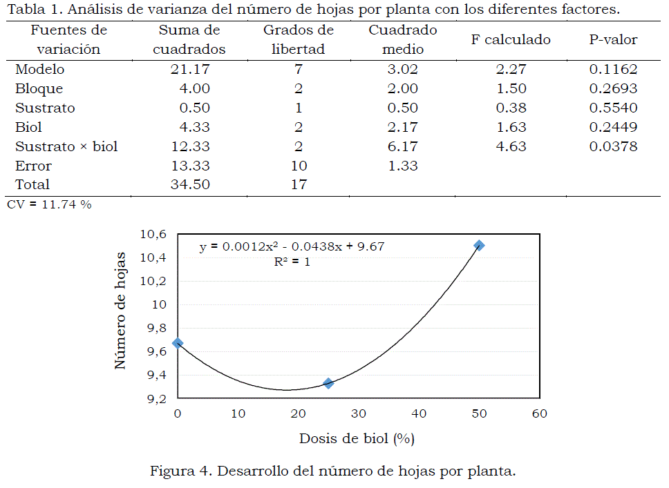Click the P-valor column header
(x=613, y=40)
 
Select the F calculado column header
(x=511, y=40)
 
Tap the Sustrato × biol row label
(x=66, y=146)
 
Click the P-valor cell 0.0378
(x=613, y=146)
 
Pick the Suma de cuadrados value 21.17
(x=190, y=69)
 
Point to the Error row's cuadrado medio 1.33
(x=403, y=166)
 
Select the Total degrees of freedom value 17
(x=299, y=184)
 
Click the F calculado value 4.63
(x=511, y=146)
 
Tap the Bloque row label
(x=39, y=88)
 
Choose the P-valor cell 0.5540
(x=613, y=108)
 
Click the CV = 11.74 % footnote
(x=48, y=204)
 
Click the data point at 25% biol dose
(x=328, y=383)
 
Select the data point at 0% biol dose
(x=178, y=343)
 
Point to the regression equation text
(x=301, y=246)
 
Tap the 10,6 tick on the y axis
(x=153, y=234)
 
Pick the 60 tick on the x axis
(x=539, y=413)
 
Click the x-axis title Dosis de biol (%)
(x=357, y=438)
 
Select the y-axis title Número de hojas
(x=121, y=310)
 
